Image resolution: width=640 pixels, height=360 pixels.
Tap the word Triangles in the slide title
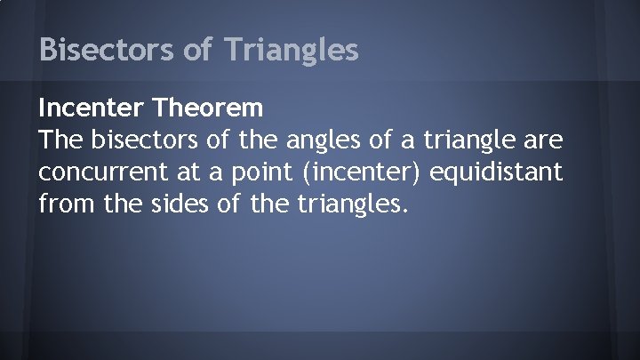[291, 50]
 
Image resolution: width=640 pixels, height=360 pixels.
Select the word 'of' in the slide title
[196, 50]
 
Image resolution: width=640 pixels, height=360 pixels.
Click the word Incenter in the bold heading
[92, 109]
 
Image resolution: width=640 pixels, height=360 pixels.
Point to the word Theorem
[209, 109]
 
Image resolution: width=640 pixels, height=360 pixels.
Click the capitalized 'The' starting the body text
[60, 140]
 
